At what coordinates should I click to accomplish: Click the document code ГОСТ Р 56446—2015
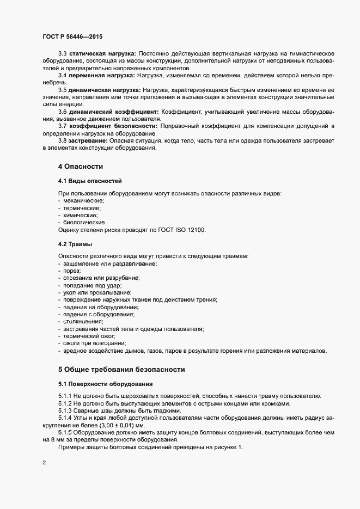tap(72, 36)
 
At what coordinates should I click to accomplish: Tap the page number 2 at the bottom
tap(44, 464)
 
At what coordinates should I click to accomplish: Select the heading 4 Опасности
tap(81, 165)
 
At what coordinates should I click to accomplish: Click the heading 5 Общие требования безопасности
tap(121, 369)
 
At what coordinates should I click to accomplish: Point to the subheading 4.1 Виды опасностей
tap(89, 180)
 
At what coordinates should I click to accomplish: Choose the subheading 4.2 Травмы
tap(75, 243)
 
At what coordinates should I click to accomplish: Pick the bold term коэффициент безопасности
tap(113, 126)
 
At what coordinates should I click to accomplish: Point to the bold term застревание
tap(87, 140)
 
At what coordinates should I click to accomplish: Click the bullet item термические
tap(82, 208)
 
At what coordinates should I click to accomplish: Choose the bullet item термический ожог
tap(89, 336)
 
